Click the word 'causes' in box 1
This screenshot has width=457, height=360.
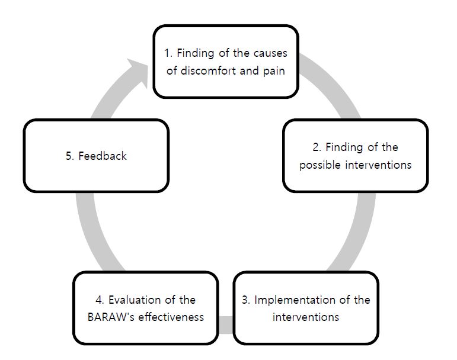[x=270, y=53]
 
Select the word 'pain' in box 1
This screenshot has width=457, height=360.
[x=274, y=71]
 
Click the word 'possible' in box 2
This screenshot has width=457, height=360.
[x=320, y=165]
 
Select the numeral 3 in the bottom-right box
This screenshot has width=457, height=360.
[x=246, y=300]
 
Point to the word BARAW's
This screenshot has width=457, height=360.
[x=111, y=317]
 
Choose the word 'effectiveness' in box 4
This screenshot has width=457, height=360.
[x=171, y=317]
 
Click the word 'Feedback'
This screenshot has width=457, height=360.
[x=103, y=156]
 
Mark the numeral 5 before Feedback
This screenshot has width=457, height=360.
[x=69, y=156]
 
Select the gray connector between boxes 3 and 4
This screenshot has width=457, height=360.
[x=226, y=325]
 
